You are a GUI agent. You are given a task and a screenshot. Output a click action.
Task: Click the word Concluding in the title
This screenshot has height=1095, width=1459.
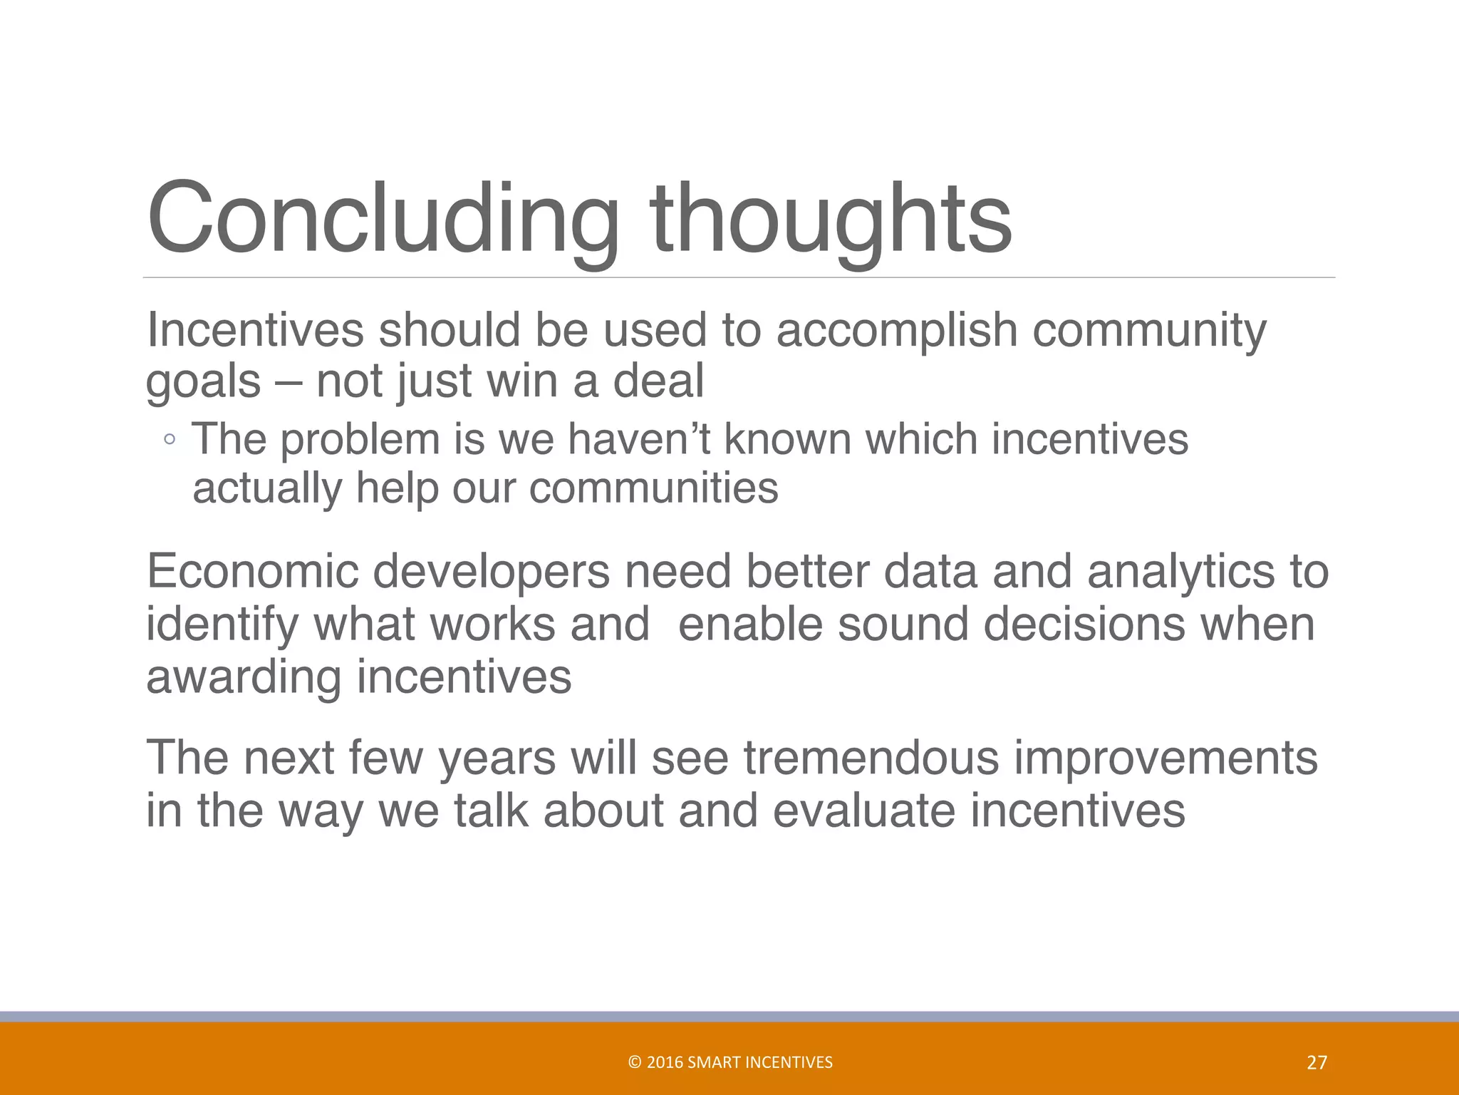point(383,219)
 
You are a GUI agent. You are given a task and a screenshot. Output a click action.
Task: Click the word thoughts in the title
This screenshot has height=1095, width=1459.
point(831,219)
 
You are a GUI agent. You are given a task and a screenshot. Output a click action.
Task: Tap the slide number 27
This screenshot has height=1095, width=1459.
point(1317,1063)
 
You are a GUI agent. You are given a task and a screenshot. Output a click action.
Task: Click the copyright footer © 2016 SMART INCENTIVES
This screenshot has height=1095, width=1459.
point(730,1062)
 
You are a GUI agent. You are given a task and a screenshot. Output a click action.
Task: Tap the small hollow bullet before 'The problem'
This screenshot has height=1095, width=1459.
point(169,440)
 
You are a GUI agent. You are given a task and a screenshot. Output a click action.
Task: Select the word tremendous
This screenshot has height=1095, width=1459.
point(871,758)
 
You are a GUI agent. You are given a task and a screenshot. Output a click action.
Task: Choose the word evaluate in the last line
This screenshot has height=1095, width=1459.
point(863,811)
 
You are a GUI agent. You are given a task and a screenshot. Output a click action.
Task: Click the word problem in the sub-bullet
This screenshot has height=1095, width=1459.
point(360,441)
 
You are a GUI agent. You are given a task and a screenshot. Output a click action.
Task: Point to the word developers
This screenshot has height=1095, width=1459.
point(492,573)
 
